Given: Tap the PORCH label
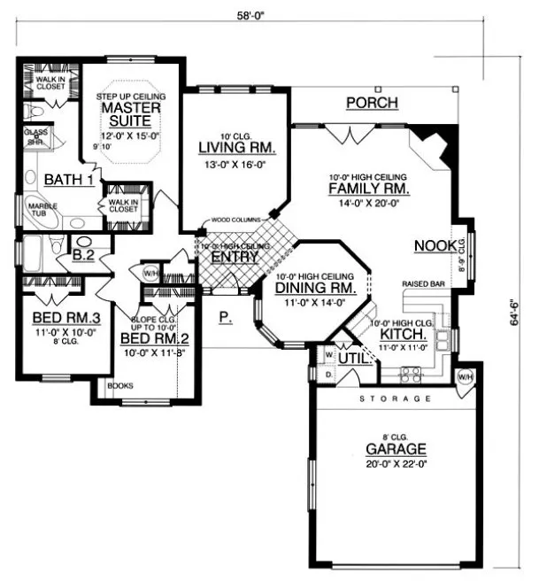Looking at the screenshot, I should pos(372,104).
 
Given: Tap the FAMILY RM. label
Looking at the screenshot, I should pos(367,189).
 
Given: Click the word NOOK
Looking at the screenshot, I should pos(435,245).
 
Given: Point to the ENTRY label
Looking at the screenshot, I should pos(235,257).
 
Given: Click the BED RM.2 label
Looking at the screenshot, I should pos(147,338).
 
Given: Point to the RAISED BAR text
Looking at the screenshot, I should pos(422,284).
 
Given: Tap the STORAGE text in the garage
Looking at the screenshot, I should pos(396,400).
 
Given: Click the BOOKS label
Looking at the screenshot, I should pos(117,386).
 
